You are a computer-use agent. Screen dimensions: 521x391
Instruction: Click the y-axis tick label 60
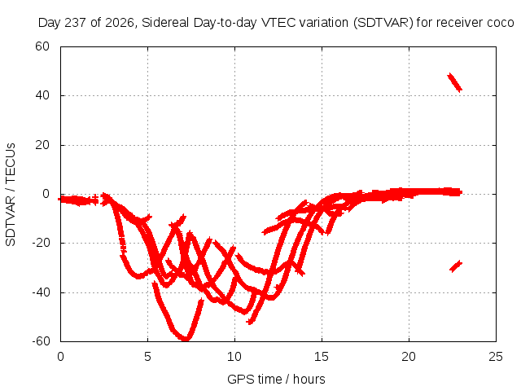tap(42, 46)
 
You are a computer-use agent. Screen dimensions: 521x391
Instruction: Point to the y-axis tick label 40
tap(42, 96)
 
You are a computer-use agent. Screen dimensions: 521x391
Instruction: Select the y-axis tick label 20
tap(42, 145)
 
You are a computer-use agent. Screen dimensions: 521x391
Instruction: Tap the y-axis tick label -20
tap(41, 243)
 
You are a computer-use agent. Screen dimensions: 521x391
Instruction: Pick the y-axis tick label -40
tap(41, 292)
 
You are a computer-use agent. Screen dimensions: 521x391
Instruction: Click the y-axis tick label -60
tap(41, 341)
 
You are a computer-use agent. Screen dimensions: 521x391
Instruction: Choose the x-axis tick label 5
tap(147, 357)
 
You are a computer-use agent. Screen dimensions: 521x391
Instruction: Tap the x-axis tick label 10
tap(234, 357)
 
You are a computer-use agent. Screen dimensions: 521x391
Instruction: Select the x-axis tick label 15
tap(322, 357)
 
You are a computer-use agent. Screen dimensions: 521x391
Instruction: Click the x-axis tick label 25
tap(496, 357)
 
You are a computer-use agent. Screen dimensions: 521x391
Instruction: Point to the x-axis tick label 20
tap(409, 357)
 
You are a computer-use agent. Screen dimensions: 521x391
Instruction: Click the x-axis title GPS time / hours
tap(276, 380)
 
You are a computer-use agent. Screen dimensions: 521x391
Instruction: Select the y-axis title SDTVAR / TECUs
tap(11, 195)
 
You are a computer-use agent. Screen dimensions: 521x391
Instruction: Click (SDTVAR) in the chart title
tap(383, 23)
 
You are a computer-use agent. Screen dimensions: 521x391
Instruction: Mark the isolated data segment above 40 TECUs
tap(454, 82)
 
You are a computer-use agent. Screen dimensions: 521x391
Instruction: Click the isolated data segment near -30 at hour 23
tap(456, 266)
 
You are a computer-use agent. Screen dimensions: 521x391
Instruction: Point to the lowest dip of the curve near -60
tap(186, 339)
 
